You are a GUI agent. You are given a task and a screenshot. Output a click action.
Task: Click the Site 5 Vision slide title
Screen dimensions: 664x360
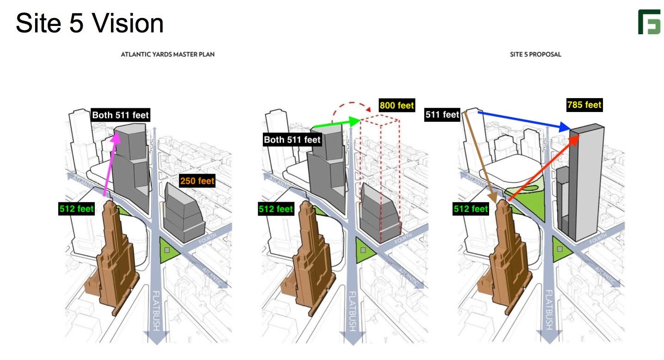click(89, 23)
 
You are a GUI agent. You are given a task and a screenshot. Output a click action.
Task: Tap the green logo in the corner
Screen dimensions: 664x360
click(649, 22)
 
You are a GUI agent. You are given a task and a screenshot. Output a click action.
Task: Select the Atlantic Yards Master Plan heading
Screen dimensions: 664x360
click(168, 54)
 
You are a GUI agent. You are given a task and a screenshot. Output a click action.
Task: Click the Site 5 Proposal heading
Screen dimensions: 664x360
click(535, 54)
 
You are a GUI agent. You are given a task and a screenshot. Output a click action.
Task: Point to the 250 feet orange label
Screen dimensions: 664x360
click(197, 180)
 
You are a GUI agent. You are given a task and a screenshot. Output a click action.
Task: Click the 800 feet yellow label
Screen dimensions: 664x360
click(397, 106)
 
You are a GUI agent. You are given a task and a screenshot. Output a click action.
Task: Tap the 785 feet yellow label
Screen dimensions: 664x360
click(584, 105)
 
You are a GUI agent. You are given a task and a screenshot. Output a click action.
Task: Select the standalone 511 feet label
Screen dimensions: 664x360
click(442, 114)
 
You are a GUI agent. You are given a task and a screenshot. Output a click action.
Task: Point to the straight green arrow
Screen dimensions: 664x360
click(337, 124)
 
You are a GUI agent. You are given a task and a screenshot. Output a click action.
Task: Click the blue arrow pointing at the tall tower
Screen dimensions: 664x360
click(524, 121)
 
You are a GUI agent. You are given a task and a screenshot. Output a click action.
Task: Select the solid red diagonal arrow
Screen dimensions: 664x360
click(544, 168)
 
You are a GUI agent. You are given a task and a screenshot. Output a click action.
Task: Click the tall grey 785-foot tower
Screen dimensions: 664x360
click(586, 182)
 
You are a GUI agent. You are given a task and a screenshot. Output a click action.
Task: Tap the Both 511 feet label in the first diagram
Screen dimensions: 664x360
click(120, 115)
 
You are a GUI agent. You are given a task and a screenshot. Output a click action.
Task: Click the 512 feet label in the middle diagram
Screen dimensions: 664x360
click(276, 209)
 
